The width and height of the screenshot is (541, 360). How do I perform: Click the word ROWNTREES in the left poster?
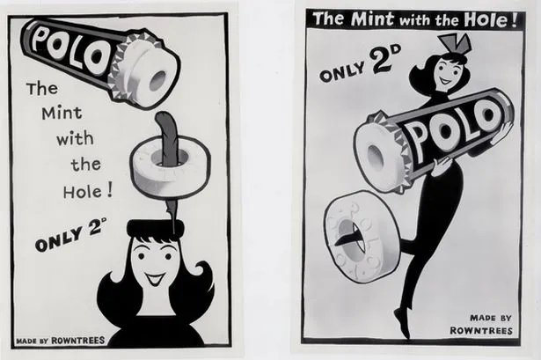click(78, 341)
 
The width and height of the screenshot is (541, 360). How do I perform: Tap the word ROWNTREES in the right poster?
click(481, 331)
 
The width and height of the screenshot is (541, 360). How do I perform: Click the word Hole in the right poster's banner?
click(486, 20)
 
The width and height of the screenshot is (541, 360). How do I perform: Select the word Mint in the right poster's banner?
click(372, 18)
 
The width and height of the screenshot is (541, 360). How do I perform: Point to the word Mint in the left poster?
click(62, 113)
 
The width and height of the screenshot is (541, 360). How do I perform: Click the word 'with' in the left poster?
click(75, 138)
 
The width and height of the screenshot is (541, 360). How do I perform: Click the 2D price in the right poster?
click(384, 57)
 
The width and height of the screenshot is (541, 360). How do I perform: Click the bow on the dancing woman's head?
click(455, 45)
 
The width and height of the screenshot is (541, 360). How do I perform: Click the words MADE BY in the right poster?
click(491, 317)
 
